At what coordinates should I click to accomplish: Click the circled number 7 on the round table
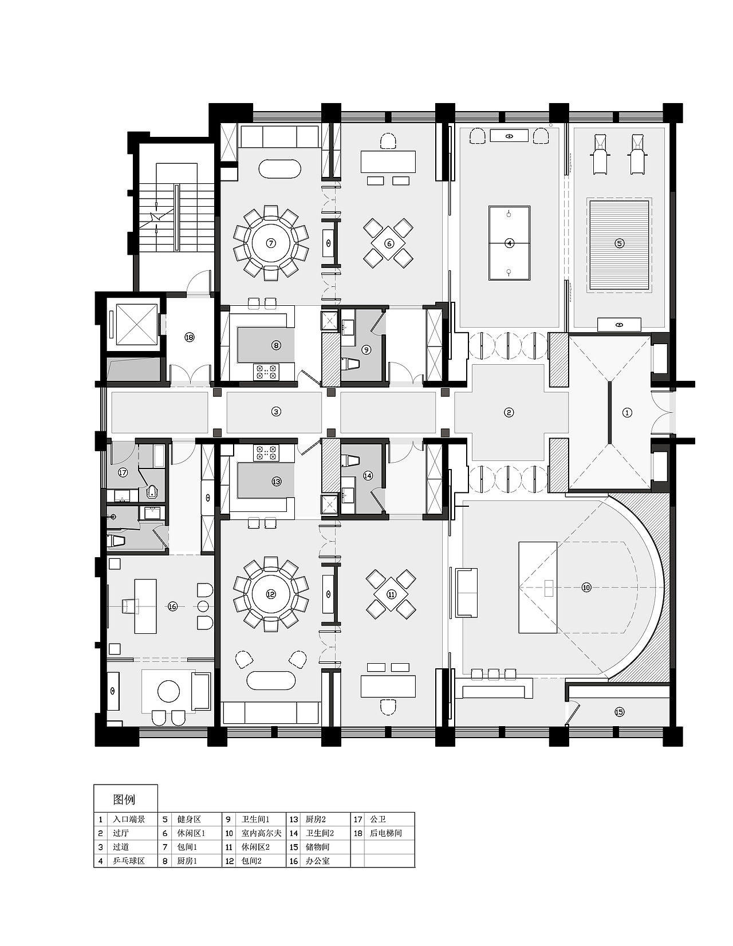[x=271, y=243]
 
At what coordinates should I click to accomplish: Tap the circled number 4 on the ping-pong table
[x=509, y=243]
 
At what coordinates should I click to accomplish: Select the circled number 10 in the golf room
[x=586, y=588]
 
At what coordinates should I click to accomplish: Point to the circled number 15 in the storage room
[x=619, y=712]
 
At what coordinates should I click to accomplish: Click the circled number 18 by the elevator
[x=189, y=337]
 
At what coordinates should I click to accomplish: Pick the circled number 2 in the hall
[x=509, y=412]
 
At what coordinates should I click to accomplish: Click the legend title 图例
[x=124, y=799]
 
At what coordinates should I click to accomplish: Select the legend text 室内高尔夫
[x=262, y=833]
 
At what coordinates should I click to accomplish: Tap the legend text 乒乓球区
[x=129, y=861]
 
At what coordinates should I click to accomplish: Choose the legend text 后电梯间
[x=385, y=833]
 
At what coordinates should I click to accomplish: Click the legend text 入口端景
[x=129, y=819]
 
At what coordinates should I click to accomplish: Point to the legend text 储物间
[x=317, y=847]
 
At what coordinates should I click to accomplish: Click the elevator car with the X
[x=137, y=324]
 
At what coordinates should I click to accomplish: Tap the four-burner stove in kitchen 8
[x=266, y=371]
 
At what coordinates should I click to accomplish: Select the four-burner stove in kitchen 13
[x=266, y=453]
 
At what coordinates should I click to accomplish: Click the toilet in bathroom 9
[x=350, y=364]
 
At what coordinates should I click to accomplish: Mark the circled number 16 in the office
[x=172, y=606]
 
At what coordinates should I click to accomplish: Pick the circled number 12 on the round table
[x=271, y=594]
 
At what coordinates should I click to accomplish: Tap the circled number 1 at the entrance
[x=627, y=412]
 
